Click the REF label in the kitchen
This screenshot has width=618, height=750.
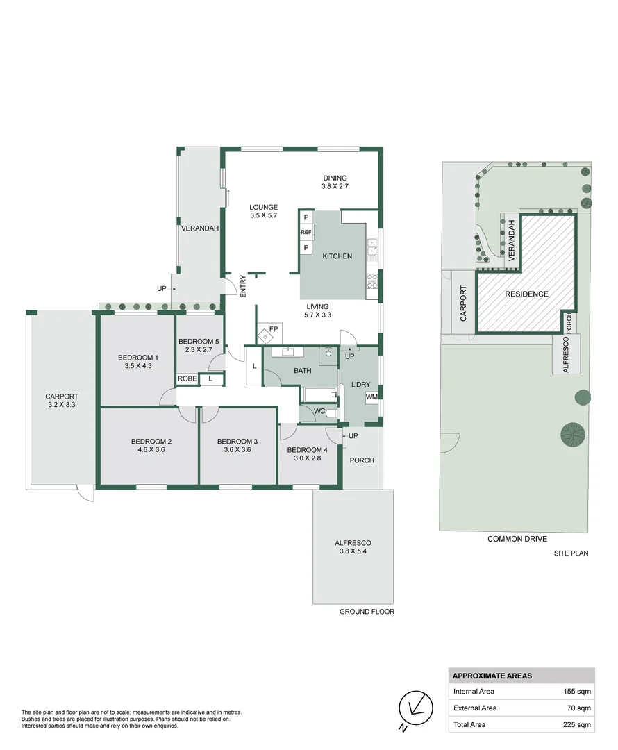[x=306, y=233]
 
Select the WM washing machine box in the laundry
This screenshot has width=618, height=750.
[x=371, y=397]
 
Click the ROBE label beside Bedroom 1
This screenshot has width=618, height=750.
[x=186, y=378]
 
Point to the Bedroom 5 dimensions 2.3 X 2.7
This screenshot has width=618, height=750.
[x=199, y=350]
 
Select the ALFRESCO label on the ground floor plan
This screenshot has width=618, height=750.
[x=353, y=543]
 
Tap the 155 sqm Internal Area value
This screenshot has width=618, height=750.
[x=576, y=692]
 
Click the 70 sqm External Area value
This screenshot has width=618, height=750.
[x=578, y=708]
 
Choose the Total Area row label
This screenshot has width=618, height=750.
[x=470, y=724]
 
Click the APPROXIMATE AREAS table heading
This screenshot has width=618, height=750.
[x=492, y=676]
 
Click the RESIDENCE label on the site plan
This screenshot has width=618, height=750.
[x=526, y=294]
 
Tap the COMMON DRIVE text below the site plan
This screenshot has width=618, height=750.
[x=517, y=539]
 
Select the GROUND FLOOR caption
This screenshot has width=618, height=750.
[x=367, y=612]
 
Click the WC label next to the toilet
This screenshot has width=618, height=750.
[x=319, y=412]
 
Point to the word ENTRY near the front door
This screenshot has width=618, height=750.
[x=243, y=287]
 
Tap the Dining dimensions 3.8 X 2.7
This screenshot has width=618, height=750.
[x=334, y=187]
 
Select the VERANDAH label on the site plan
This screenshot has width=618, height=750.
[x=510, y=240]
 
